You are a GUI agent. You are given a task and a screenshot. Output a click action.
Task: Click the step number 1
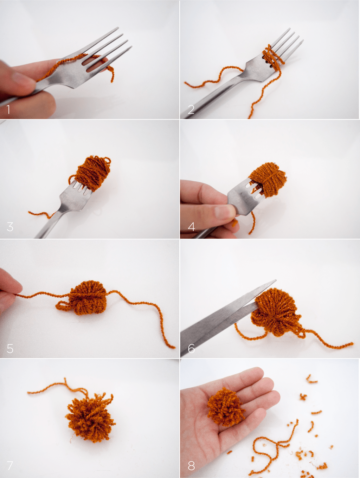tap(8, 109)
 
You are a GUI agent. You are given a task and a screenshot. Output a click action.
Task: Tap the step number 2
tap(191, 109)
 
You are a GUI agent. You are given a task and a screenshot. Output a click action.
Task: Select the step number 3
tap(10, 227)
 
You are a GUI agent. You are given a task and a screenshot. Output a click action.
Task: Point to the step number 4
tap(191, 227)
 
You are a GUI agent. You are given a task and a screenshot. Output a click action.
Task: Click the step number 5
tap(10, 348)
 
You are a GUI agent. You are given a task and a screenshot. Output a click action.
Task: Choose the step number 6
tap(191, 348)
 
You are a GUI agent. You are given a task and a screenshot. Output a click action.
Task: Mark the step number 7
tap(10, 466)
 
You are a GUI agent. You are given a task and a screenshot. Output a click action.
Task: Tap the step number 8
tap(191, 466)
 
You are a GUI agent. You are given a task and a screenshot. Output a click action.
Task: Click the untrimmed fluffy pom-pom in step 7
tap(90, 417)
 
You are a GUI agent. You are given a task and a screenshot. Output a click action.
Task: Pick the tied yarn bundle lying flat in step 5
tap(87, 298)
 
